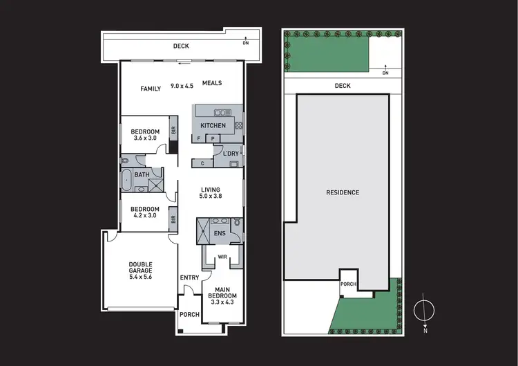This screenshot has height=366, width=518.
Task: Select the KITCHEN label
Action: [x=213, y=125]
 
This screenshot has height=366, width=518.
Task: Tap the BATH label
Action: [x=142, y=175]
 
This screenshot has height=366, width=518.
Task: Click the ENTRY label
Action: [x=189, y=277]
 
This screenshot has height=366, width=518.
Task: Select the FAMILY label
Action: [x=151, y=89]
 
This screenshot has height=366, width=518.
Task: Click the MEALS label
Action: [x=212, y=84]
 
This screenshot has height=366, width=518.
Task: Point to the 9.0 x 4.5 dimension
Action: [x=182, y=86]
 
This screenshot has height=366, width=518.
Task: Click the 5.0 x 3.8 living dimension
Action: [x=210, y=197]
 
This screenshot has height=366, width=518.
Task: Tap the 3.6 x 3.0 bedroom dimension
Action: [x=145, y=138]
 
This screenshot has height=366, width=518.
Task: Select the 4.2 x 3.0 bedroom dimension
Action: [x=145, y=217]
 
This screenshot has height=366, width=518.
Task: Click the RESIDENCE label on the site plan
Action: [x=343, y=192]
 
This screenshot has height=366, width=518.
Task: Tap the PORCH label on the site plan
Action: [x=347, y=284]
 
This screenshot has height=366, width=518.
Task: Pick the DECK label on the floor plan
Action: [x=181, y=48]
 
